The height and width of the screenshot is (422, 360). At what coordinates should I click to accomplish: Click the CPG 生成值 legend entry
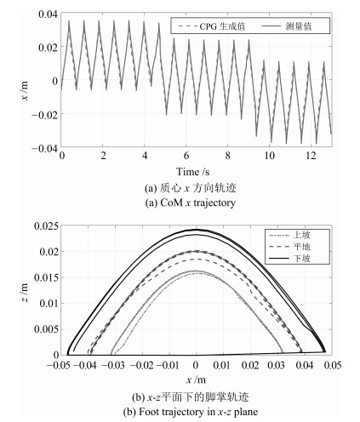coord(211,26)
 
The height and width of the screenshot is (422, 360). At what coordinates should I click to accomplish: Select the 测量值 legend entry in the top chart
coord(286,26)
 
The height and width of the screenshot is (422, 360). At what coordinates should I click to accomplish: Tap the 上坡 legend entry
coord(289,235)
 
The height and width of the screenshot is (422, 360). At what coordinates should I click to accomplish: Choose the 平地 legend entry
coord(289,247)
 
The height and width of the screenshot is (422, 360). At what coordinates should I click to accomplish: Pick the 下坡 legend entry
coord(289,259)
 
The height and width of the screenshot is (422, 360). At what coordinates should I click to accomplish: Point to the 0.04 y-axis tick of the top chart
coord(48,14)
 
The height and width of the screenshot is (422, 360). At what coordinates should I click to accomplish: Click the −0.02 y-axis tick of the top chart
coord(44,115)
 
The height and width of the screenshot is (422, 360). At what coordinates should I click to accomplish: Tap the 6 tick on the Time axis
coord(186,156)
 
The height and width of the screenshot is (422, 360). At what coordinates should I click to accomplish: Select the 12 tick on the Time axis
coord(311,156)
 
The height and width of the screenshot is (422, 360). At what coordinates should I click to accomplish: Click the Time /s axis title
coord(193,172)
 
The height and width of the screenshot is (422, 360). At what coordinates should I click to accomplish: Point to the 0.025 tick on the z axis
coord(46,226)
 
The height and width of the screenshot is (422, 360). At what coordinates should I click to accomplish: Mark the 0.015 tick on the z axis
coord(46,277)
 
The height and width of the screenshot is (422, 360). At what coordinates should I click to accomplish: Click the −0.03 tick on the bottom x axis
coord(113,365)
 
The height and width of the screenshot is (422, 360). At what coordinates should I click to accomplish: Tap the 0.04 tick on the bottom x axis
coord(305,365)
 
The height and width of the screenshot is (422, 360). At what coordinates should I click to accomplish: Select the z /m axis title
coord(25,293)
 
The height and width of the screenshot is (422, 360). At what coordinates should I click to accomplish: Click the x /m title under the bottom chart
coord(196,379)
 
